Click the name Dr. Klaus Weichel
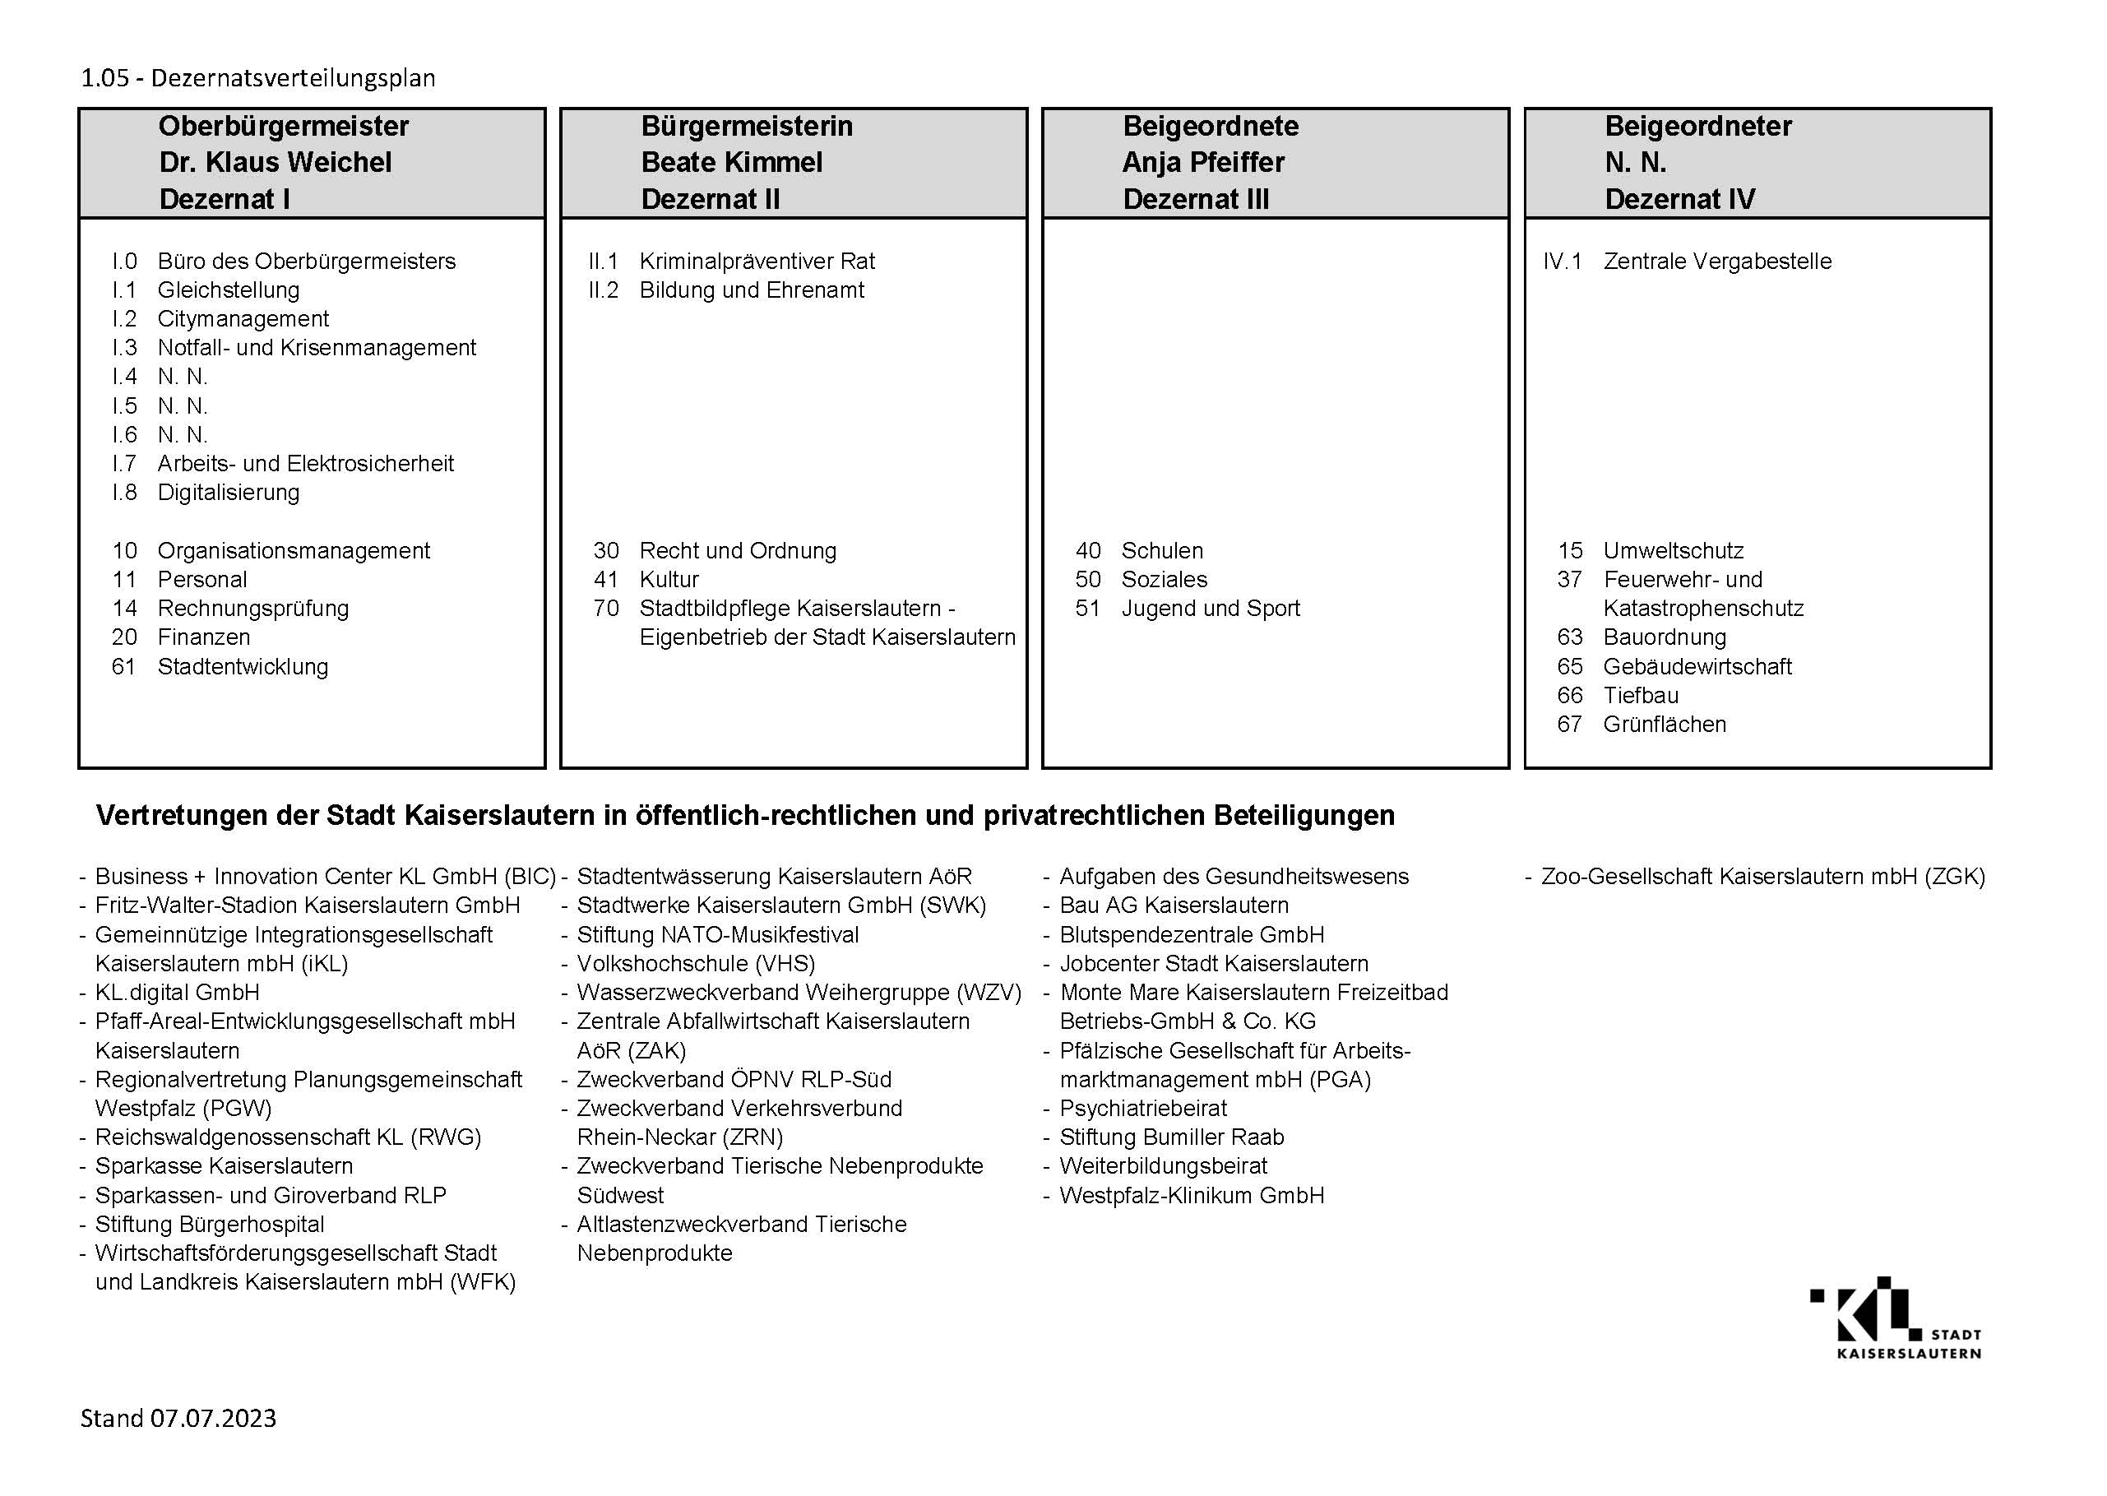click(x=276, y=162)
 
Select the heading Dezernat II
click(x=710, y=199)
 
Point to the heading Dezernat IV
click(x=1679, y=199)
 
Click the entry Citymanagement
click(x=243, y=319)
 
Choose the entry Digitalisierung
click(x=229, y=492)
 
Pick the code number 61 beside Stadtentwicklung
click(x=123, y=666)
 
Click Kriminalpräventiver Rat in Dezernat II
click(x=757, y=261)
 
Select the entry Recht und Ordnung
click(x=738, y=551)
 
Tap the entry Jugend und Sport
click(x=1210, y=608)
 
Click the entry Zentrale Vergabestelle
click(x=1716, y=261)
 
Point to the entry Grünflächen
click(x=1664, y=724)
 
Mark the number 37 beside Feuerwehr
click(x=1569, y=580)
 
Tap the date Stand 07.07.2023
click(x=178, y=1418)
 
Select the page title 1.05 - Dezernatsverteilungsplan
click(x=258, y=77)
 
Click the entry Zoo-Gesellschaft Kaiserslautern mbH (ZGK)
click(x=1762, y=876)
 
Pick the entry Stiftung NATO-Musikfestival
click(x=717, y=934)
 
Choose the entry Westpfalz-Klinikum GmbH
click(x=1192, y=1195)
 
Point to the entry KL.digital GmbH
click(x=177, y=992)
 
